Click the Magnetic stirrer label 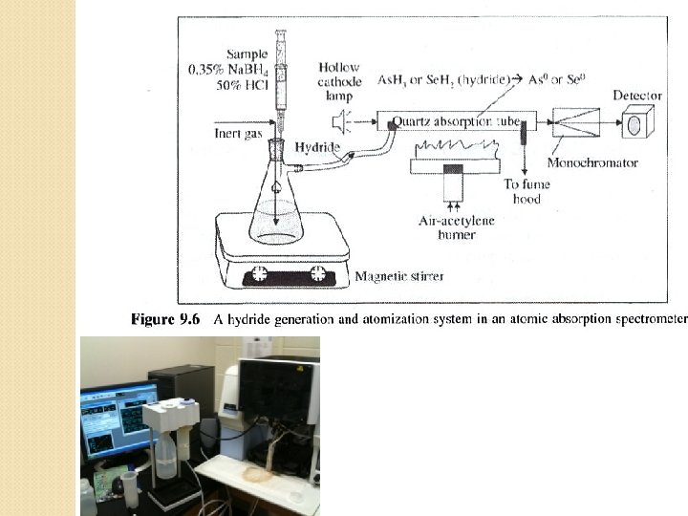pyautogui.click(x=398, y=277)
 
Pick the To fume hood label pyautogui.click(x=526, y=192)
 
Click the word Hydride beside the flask pyautogui.click(x=314, y=148)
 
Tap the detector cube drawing pyautogui.click(x=636, y=124)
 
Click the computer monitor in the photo pyautogui.click(x=117, y=419)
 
